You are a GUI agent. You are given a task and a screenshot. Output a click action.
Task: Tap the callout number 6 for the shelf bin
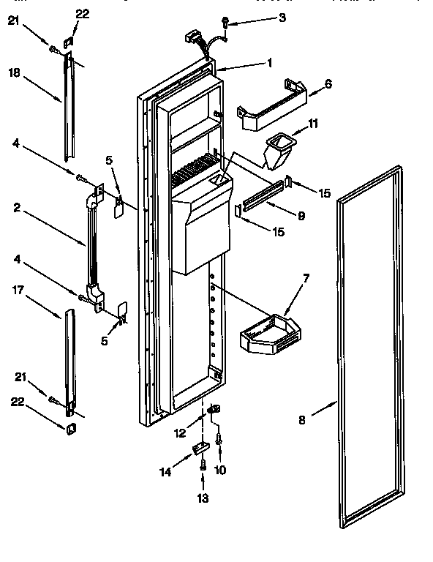(328, 84)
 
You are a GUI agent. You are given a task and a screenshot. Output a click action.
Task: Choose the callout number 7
(306, 279)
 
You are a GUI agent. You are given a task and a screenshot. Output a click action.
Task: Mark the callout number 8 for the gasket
(302, 420)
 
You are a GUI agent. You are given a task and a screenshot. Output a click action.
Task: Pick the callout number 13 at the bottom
(203, 498)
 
